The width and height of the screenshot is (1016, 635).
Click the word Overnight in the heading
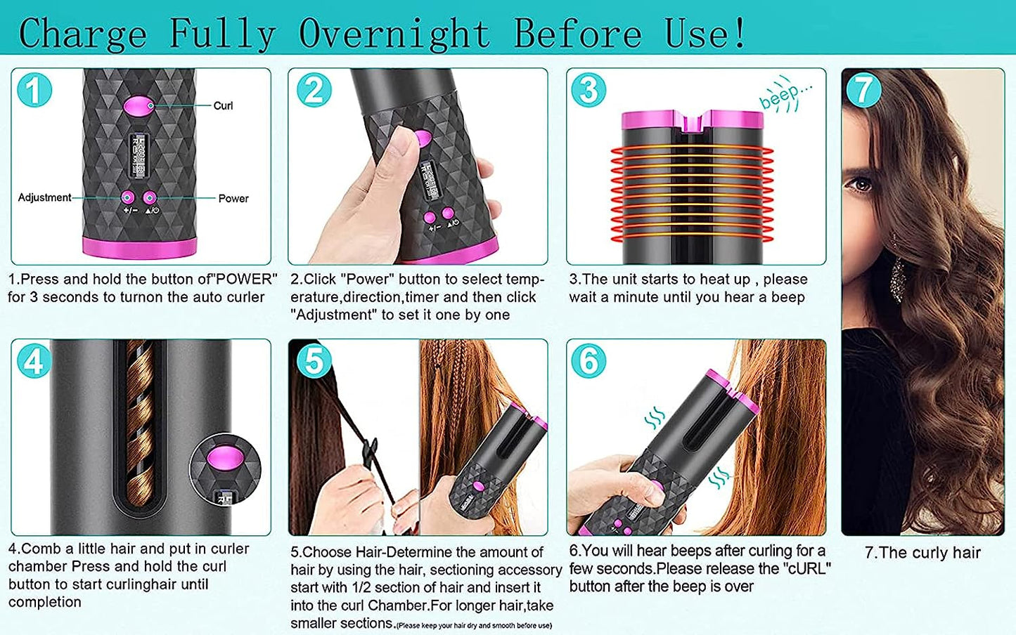tap(394, 33)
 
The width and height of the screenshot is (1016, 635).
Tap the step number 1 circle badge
tap(34, 91)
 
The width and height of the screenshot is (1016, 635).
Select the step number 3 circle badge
tap(589, 90)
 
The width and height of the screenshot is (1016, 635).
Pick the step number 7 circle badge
tap(863, 90)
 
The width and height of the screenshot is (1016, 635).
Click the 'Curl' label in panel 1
tap(223, 106)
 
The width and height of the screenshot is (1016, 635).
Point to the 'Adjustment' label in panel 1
tap(44, 197)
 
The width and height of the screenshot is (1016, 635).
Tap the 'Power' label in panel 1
tap(233, 199)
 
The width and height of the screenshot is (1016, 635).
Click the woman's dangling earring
tap(897, 279)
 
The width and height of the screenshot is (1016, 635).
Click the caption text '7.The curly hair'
tap(922, 553)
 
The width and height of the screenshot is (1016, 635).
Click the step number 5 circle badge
tap(313, 361)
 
